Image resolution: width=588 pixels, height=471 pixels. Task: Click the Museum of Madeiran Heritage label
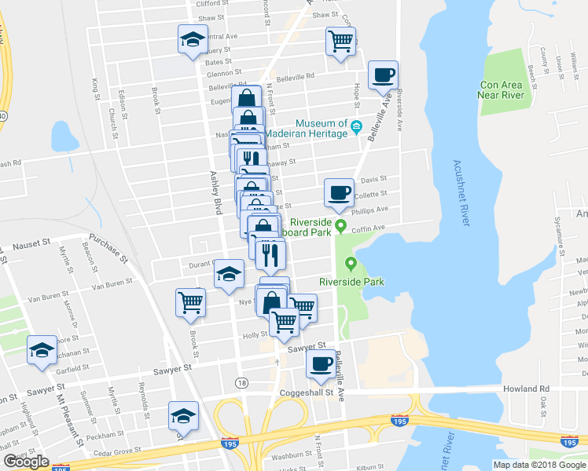pyautogui.click(x=321, y=129)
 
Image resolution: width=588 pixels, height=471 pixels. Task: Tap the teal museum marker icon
pyautogui.click(x=356, y=126)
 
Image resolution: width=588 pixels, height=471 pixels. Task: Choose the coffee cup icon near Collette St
pyautogui.click(x=340, y=192)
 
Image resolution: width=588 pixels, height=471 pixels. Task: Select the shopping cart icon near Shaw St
pyautogui.click(x=340, y=40)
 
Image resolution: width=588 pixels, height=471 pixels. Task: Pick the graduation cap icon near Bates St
pyautogui.click(x=191, y=39)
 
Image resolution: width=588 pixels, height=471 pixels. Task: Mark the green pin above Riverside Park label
pyautogui.click(x=351, y=264)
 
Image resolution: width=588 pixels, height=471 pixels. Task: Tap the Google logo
pyautogui.click(x=27, y=461)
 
